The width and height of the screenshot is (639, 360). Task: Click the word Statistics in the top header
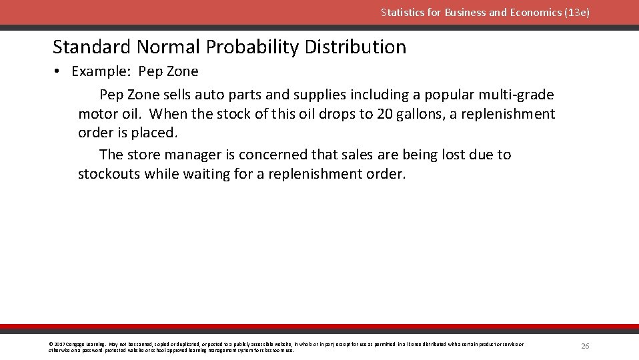pyautogui.click(x=403, y=12)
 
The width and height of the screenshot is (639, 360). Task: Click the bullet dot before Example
pyautogui.click(x=59, y=71)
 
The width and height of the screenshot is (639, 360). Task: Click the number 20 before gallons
pyautogui.click(x=385, y=114)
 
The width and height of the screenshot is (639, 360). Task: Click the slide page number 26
pyautogui.click(x=585, y=346)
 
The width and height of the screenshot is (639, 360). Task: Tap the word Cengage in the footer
pyautogui.click(x=74, y=345)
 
